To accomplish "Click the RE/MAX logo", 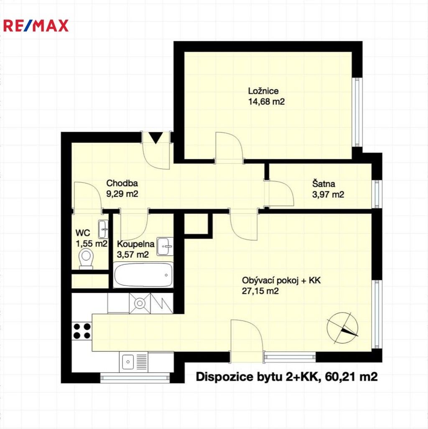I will pos(36,25).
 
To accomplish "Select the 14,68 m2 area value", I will pos(266,101).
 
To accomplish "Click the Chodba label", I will pos(122,183).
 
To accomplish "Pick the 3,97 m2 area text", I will pos(328,194).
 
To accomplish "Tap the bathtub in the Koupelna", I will pos(143,275).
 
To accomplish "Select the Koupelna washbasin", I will pos(166,246).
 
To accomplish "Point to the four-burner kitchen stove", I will pos(82,331).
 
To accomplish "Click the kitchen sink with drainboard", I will pos(134,361).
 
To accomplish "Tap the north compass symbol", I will pos(343,327).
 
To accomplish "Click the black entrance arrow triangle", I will pos(156,137).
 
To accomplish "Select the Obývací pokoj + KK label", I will pos(281,281).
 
